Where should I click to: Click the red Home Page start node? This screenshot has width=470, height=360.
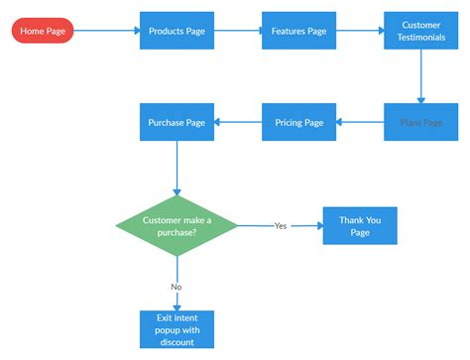click(x=43, y=31)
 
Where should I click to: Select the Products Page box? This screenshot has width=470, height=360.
click(x=176, y=31)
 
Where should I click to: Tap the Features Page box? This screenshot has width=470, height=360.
click(x=298, y=31)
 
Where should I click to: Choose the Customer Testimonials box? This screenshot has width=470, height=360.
click(x=420, y=31)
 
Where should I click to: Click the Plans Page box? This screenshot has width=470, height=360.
click(x=420, y=122)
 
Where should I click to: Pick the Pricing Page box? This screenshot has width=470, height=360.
click(x=298, y=122)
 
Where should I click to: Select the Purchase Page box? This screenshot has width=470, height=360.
click(x=176, y=122)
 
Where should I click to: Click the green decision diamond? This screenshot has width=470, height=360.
click(x=176, y=225)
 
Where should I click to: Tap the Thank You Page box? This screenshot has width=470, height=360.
click(x=359, y=225)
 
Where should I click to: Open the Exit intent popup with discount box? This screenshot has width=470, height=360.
click(x=176, y=329)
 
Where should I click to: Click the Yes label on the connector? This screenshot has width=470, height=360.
click(x=281, y=226)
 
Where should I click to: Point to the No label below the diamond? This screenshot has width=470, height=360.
click(x=176, y=286)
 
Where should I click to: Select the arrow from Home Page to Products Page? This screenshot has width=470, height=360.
click(x=106, y=31)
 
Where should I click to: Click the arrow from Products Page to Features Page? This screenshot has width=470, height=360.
click(x=238, y=31)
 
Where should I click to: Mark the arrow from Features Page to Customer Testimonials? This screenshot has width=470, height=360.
click(x=360, y=31)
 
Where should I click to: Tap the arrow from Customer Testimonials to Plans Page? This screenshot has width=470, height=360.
click(x=420, y=76)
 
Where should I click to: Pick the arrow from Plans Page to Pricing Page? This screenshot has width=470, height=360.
click(x=360, y=122)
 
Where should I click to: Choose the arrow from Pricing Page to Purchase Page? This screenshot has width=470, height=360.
click(x=238, y=122)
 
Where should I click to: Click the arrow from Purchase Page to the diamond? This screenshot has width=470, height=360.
click(x=176, y=167)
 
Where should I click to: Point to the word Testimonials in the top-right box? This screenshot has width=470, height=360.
click(x=420, y=37)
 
